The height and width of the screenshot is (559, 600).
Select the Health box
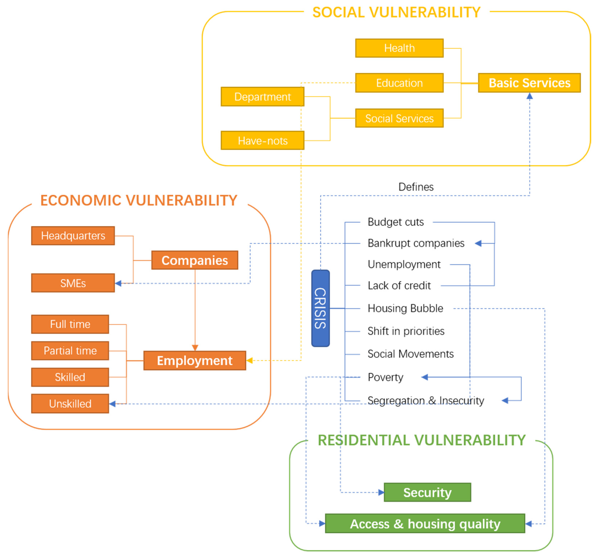click(x=399, y=48)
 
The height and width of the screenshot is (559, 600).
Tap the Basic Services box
click(x=529, y=83)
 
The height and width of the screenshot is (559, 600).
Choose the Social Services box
click(x=399, y=118)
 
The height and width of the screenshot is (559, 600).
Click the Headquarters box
click(x=73, y=236)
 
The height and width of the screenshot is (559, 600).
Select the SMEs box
click(x=73, y=283)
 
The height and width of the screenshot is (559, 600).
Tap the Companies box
click(x=195, y=260)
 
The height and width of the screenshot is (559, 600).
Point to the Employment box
click(x=195, y=360)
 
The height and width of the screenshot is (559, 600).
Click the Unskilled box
click(x=70, y=404)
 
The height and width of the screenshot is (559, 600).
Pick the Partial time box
click(x=70, y=351)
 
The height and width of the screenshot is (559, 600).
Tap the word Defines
click(x=416, y=187)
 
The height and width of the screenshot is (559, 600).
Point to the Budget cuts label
click(x=395, y=222)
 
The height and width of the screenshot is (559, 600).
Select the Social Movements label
click(x=410, y=354)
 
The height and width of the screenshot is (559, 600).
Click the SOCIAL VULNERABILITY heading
click(x=396, y=12)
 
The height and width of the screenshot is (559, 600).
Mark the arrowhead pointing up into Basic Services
click(x=529, y=96)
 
